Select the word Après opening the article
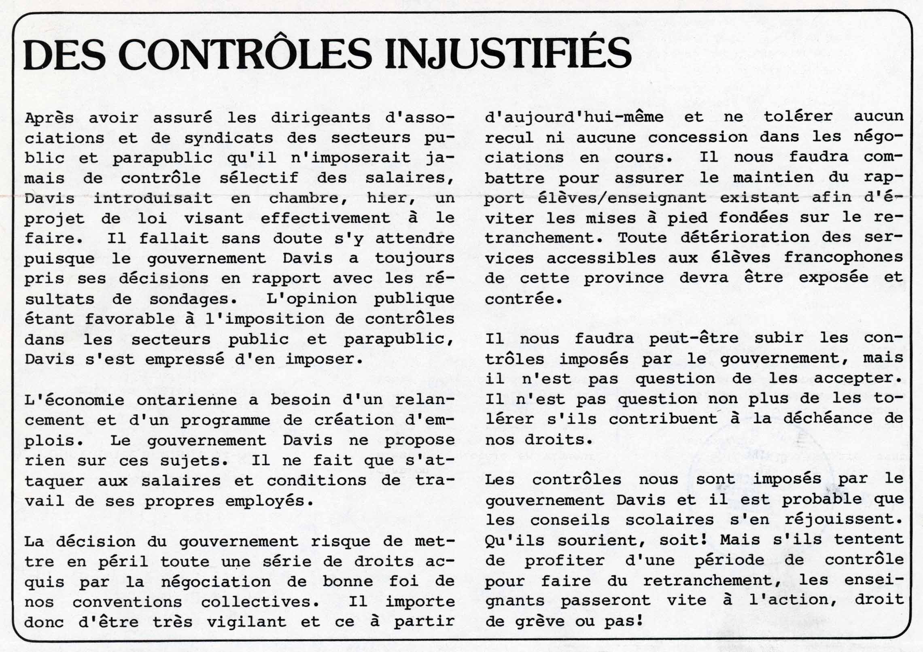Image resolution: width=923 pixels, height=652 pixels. [49, 118]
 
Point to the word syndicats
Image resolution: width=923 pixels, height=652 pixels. [229, 138]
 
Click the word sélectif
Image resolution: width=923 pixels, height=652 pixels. [259, 178]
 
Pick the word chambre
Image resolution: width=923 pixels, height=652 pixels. [309, 198]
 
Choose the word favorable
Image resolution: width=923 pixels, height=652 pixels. [129, 319]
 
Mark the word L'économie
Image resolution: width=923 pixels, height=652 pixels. [74, 400]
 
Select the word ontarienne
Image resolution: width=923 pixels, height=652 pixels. [192, 400]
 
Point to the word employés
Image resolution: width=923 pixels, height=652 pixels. [269, 501]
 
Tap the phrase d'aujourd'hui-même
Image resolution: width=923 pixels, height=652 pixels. [574, 117]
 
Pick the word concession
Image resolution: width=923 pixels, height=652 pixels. [698, 137]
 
